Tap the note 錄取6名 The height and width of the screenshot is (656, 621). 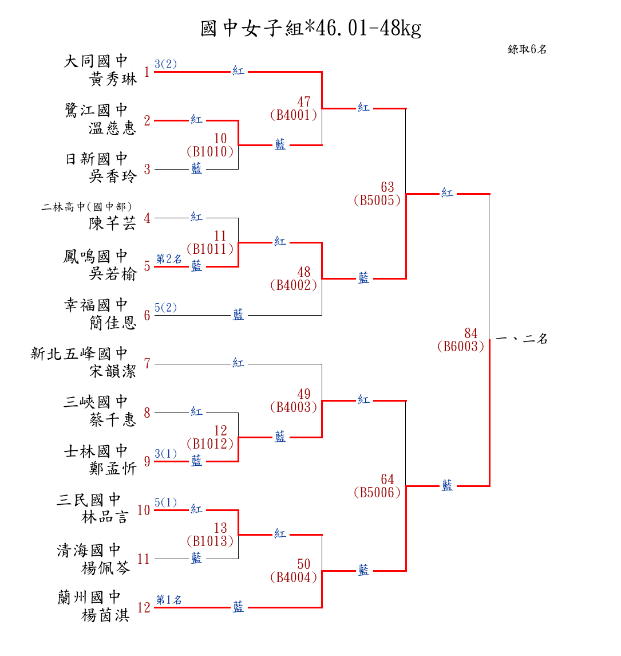527,49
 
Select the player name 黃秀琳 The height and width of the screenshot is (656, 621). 113,79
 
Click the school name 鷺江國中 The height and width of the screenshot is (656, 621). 96,110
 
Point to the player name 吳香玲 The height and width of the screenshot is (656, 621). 113,176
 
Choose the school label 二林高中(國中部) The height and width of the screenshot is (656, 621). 87,207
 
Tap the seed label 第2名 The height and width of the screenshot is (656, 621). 169,259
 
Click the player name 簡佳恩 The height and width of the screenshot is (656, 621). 113,323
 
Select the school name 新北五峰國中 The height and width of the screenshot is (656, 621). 79,353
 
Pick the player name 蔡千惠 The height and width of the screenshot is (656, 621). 113,420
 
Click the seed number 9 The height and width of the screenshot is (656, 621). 147,461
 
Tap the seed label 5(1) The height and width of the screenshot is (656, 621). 166,502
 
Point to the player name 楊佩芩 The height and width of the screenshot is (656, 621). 106,568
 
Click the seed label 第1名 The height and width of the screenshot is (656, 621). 169,600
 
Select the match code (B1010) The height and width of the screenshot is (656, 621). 210,152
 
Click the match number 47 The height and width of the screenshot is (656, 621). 304,102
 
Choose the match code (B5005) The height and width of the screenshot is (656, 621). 377,201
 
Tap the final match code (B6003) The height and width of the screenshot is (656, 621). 460,346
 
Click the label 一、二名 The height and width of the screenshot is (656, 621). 521,339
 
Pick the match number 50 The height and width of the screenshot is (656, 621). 304,565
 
